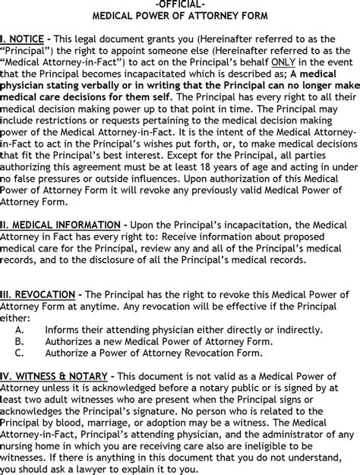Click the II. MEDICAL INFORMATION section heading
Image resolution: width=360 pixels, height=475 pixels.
click(x=59, y=225)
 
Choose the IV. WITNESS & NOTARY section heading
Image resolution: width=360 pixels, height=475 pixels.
click(x=56, y=375)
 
